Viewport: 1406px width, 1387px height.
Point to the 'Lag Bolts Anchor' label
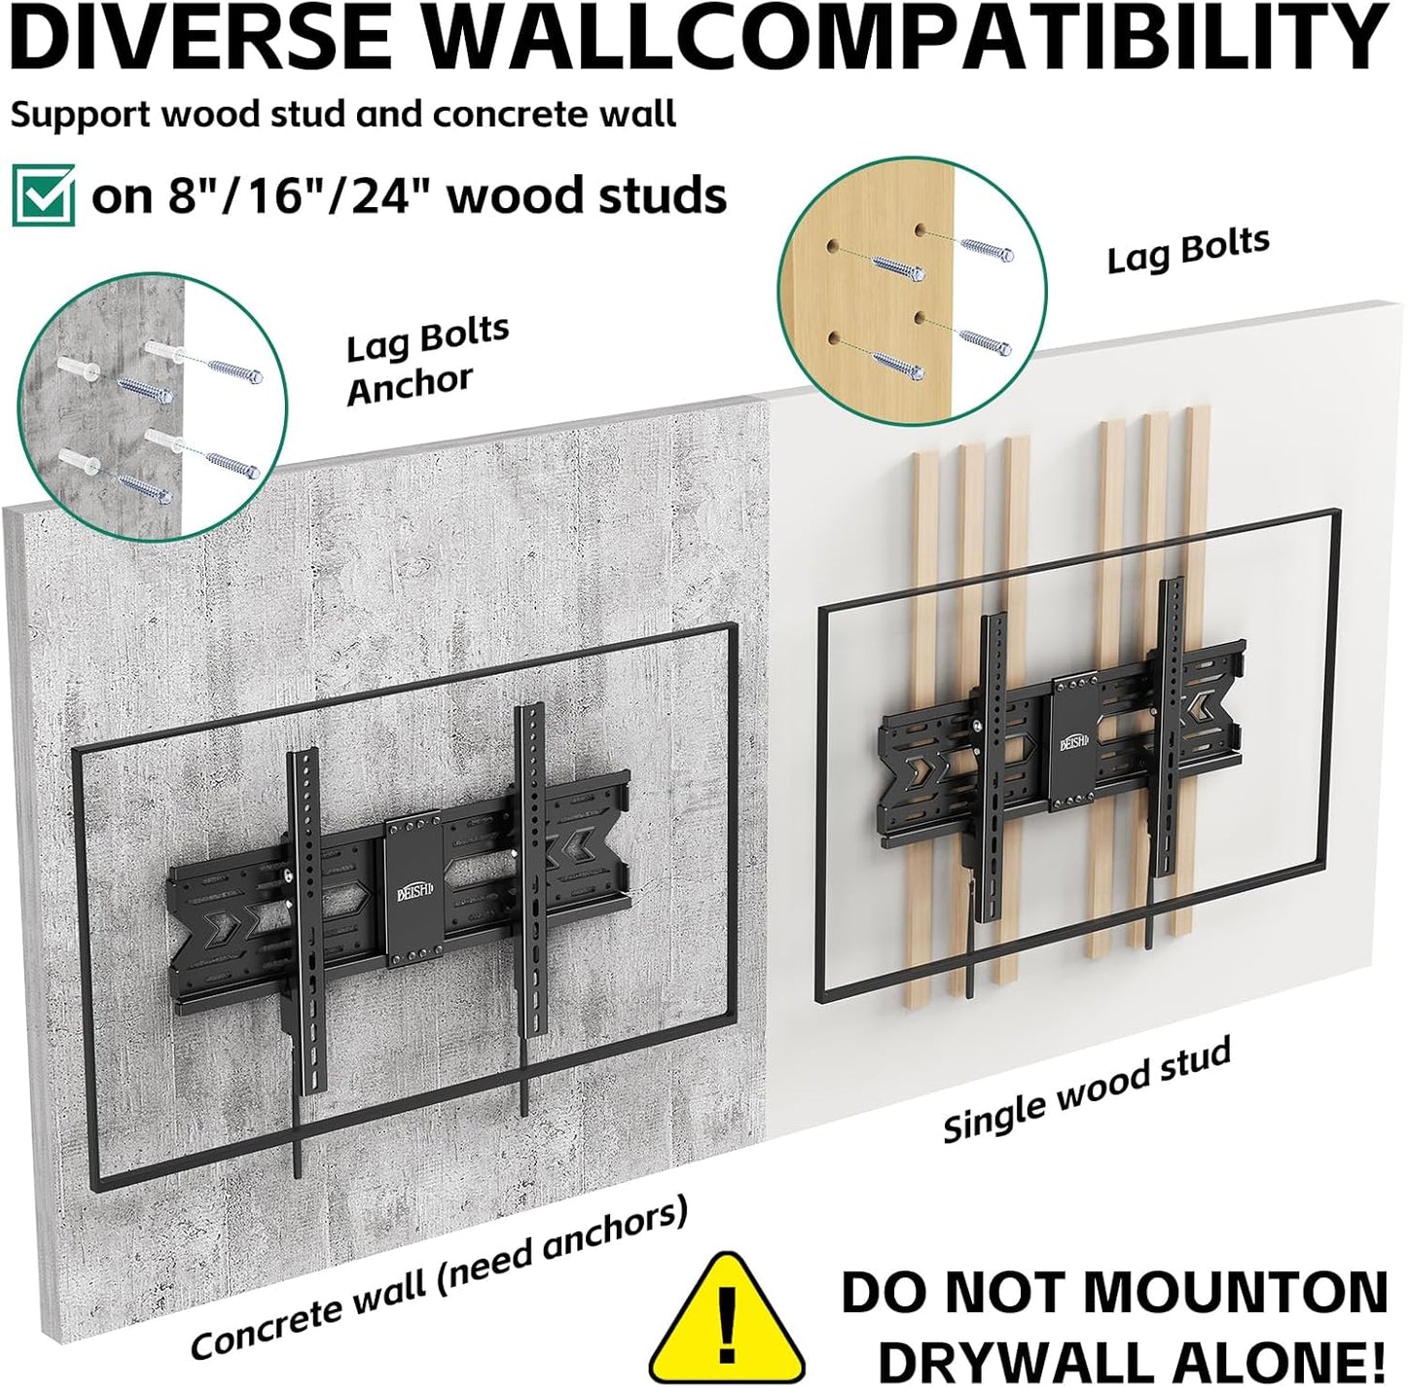tap(425, 358)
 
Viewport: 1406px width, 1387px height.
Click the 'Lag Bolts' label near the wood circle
tap(1188, 249)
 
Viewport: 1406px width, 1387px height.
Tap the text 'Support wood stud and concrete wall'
tap(342, 115)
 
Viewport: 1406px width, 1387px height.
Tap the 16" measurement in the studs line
tap(271, 196)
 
